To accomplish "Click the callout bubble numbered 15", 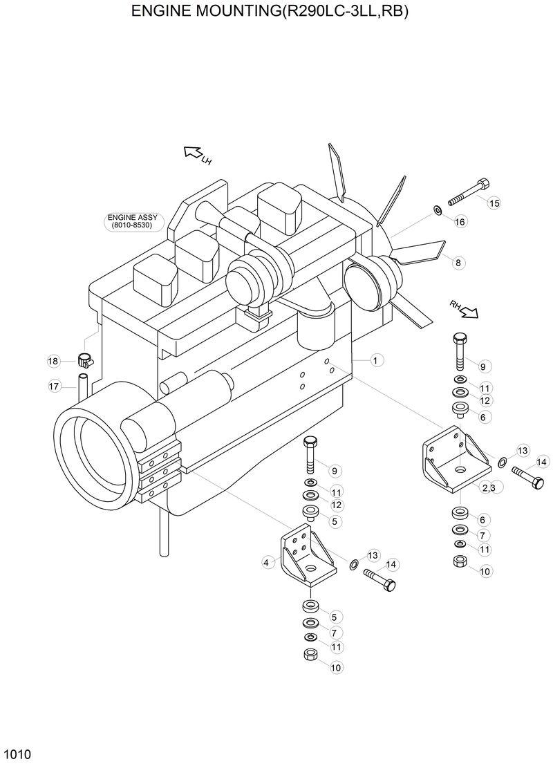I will [x=493, y=203].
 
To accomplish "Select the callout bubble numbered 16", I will [x=460, y=221].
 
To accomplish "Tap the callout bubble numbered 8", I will [x=457, y=262].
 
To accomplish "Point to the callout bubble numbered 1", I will [x=376, y=360].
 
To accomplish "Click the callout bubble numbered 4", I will [x=266, y=563].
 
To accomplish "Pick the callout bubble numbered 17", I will [x=55, y=387].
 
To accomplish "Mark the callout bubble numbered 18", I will [x=53, y=361].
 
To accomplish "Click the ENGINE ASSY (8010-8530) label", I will [x=132, y=221].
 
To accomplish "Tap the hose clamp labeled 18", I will [x=84, y=360].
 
